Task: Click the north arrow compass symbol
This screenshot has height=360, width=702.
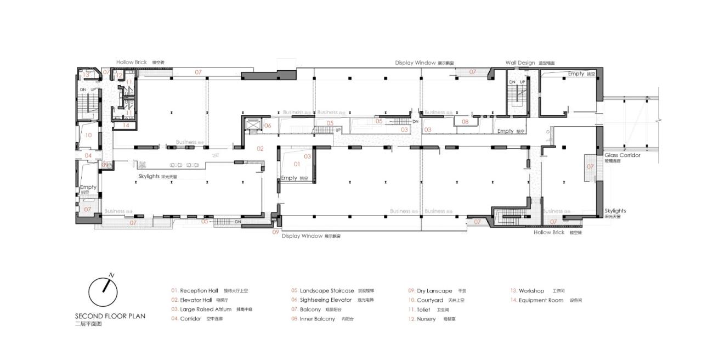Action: pyautogui.click(x=104, y=291)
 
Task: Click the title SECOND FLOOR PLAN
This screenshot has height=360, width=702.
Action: pyautogui.click(x=110, y=316)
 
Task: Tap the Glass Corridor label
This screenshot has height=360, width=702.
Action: pyautogui.click(x=622, y=155)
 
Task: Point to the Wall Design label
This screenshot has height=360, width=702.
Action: pyautogui.click(x=520, y=63)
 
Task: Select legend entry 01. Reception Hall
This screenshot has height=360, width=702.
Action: pyautogui.click(x=195, y=290)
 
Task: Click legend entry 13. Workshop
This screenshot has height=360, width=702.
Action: pyautogui.click(x=527, y=290)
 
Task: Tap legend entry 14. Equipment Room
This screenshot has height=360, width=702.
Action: pyautogui.click(x=536, y=300)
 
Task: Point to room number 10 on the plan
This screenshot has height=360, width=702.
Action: pyautogui.click(x=88, y=134)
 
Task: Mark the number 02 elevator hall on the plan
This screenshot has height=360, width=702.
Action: pyautogui.click(x=261, y=149)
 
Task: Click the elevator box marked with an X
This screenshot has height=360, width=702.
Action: pyautogui.click(x=253, y=126)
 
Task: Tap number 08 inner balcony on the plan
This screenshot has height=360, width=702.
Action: pyautogui.click(x=465, y=122)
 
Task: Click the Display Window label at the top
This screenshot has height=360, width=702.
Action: pyautogui.click(x=415, y=63)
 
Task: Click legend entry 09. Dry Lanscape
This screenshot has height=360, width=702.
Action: pyautogui.click(x=430, y=290)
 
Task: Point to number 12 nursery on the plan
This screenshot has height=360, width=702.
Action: pyautogui.click(x=120, y=75)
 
